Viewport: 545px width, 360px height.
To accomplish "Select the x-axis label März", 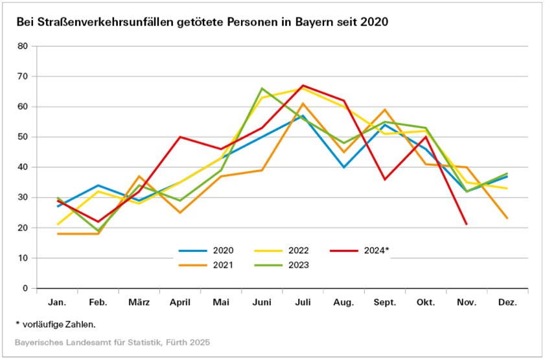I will (139, 303).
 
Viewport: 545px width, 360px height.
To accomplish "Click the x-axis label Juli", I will (303, 303).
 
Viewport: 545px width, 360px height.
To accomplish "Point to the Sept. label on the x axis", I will (385, 303).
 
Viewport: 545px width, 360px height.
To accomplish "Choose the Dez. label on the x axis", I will (507, 303).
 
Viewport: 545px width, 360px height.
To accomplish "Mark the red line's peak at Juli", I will (303, 85).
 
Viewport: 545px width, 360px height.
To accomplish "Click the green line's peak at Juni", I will (262, 88).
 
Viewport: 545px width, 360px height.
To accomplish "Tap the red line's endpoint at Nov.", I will (467, 225).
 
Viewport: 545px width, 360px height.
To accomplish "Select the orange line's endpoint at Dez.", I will (507, 218).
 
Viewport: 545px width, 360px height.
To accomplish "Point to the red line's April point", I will (180, 137).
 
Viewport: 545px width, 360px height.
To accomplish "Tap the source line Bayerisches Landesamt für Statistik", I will (113, 341).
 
